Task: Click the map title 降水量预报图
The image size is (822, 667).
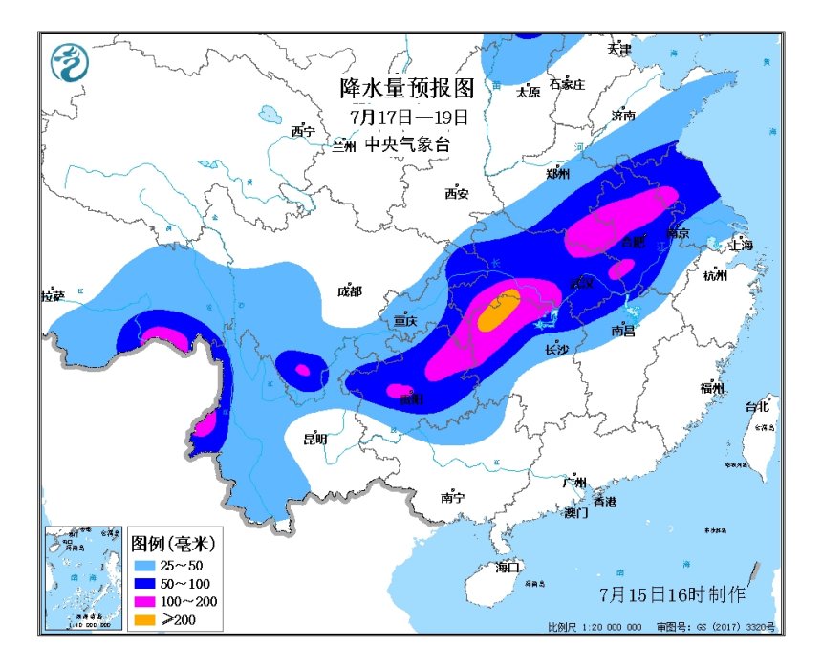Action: (406, 89)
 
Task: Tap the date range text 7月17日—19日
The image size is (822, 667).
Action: (409, 117)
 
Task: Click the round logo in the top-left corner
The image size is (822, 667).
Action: (69, 63)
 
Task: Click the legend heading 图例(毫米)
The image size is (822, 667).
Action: (172, 543)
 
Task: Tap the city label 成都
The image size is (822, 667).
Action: (350, 291)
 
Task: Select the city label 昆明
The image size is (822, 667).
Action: (314, 439)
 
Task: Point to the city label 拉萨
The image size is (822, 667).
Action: (53, 296)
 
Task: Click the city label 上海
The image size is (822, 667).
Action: (741, 245)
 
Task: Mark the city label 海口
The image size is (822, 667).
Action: (508, 568)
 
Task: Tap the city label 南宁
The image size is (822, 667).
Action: (451, 497)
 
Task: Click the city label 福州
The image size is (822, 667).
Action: (712, 388)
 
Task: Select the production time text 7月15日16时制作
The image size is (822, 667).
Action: (672, 594)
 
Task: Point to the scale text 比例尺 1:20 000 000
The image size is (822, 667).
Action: (595, 627)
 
